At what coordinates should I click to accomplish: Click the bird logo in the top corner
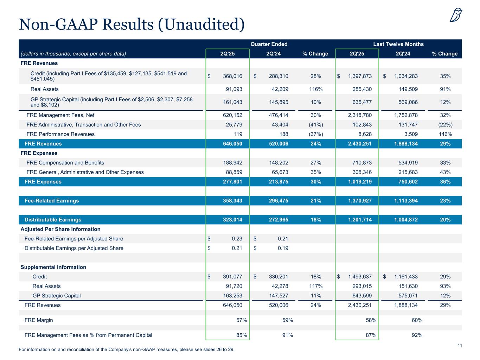[456, 15]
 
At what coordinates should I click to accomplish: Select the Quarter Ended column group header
[269, 44]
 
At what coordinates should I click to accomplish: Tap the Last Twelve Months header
[398, 44]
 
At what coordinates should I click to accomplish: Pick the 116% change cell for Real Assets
[316, 89]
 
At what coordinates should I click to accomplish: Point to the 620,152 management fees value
[230, 115]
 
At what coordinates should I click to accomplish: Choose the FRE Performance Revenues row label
[60, 134]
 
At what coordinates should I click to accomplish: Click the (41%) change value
[316, 124]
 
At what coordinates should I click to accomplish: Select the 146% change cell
[445, 134]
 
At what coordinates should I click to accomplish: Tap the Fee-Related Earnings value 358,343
[230, 201]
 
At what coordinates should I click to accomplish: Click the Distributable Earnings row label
[53, 220]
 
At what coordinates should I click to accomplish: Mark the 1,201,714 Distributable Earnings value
[360, 220]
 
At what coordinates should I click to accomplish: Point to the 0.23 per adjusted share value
[237, 239]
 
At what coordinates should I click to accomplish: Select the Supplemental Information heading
[53, 267]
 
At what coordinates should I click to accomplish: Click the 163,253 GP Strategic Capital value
[230, 296]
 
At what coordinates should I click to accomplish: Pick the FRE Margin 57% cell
[242, 320]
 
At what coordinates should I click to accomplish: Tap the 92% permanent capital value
[417, 335]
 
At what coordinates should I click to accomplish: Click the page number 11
[460, 346]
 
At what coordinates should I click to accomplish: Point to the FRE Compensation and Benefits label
[65, 162]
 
